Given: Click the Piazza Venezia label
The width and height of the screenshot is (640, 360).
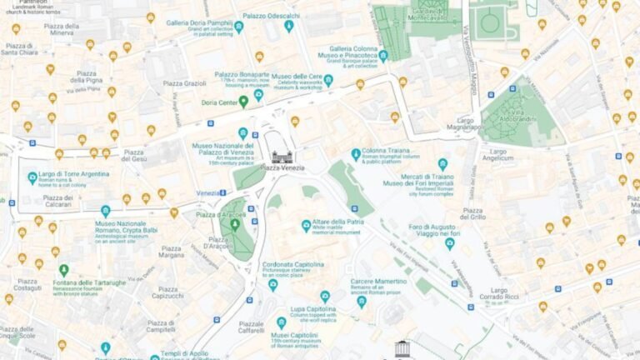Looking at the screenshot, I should pos(282,167).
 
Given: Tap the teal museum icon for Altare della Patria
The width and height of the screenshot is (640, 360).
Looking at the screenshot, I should pos(307,225).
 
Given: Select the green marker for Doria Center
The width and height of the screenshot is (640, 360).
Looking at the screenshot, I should pos(243,102).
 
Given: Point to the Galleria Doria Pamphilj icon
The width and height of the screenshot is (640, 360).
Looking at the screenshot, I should pos(239,27).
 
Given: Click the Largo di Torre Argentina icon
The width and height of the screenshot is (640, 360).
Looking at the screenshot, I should pos(32,177).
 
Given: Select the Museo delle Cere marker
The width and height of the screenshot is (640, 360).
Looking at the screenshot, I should pos(328,80).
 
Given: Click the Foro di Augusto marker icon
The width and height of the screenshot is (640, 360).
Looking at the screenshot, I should pos(450,243).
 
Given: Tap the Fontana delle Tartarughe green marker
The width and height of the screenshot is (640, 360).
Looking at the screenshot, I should pos(63,269).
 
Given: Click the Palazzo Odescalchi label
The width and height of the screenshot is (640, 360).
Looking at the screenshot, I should pos(272,16).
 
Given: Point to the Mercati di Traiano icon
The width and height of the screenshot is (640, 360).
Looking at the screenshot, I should pos(442,164).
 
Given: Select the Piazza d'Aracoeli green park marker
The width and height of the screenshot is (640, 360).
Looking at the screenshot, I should pos(235,224).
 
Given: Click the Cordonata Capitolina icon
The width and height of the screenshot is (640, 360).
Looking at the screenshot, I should pos(272,285).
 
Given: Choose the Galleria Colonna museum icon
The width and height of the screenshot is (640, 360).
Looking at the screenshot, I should pos(383,56).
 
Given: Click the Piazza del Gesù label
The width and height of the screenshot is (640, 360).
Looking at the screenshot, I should pos(132,156).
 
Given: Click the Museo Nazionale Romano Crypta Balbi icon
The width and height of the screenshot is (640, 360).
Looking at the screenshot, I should pos(105,212).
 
